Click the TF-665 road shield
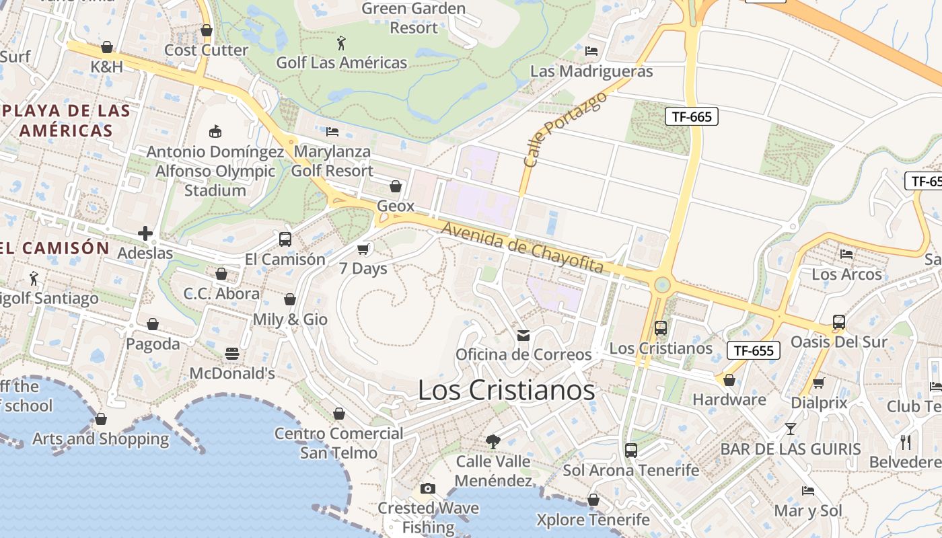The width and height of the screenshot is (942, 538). point(692,116)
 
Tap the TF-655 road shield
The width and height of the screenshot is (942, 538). point(753,350)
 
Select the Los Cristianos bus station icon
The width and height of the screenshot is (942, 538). point(661,328)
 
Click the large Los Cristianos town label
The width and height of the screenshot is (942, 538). point(506,391)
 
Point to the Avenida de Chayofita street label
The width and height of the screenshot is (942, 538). point(522,248)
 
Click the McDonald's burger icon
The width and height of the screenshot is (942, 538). point(232,354)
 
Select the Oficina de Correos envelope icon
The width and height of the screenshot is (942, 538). point(523,335)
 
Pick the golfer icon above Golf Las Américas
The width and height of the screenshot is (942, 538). point(342,44)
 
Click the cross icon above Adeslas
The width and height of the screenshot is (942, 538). point(145,234)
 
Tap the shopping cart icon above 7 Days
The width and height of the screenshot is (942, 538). point(363,249)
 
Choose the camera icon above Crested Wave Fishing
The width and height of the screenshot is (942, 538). point(428,488)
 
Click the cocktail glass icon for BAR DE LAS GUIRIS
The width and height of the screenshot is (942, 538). point(791,428)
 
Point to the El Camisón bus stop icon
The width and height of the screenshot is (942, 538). point(285,239)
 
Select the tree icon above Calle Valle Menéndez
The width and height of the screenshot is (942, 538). point(493,442)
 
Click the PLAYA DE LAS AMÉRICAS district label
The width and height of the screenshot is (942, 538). point(65,120)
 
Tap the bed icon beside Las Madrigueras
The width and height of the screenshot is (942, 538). point(591,51)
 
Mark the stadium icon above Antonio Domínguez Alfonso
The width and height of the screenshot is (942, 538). point(215,131)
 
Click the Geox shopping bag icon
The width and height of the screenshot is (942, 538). point(396,186)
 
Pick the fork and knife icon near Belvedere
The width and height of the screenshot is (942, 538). point(906,442)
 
